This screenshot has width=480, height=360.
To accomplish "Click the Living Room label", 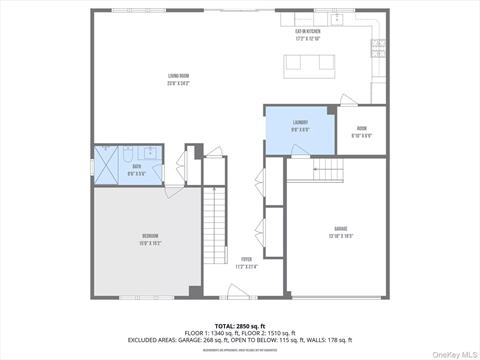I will [x=179, y=82].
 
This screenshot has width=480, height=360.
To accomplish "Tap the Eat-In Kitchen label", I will [x=307, y=33].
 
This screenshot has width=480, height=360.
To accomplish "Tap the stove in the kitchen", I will [x=378, y=45].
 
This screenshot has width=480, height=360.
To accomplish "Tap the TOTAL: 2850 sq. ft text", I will [x=239, y=326].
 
